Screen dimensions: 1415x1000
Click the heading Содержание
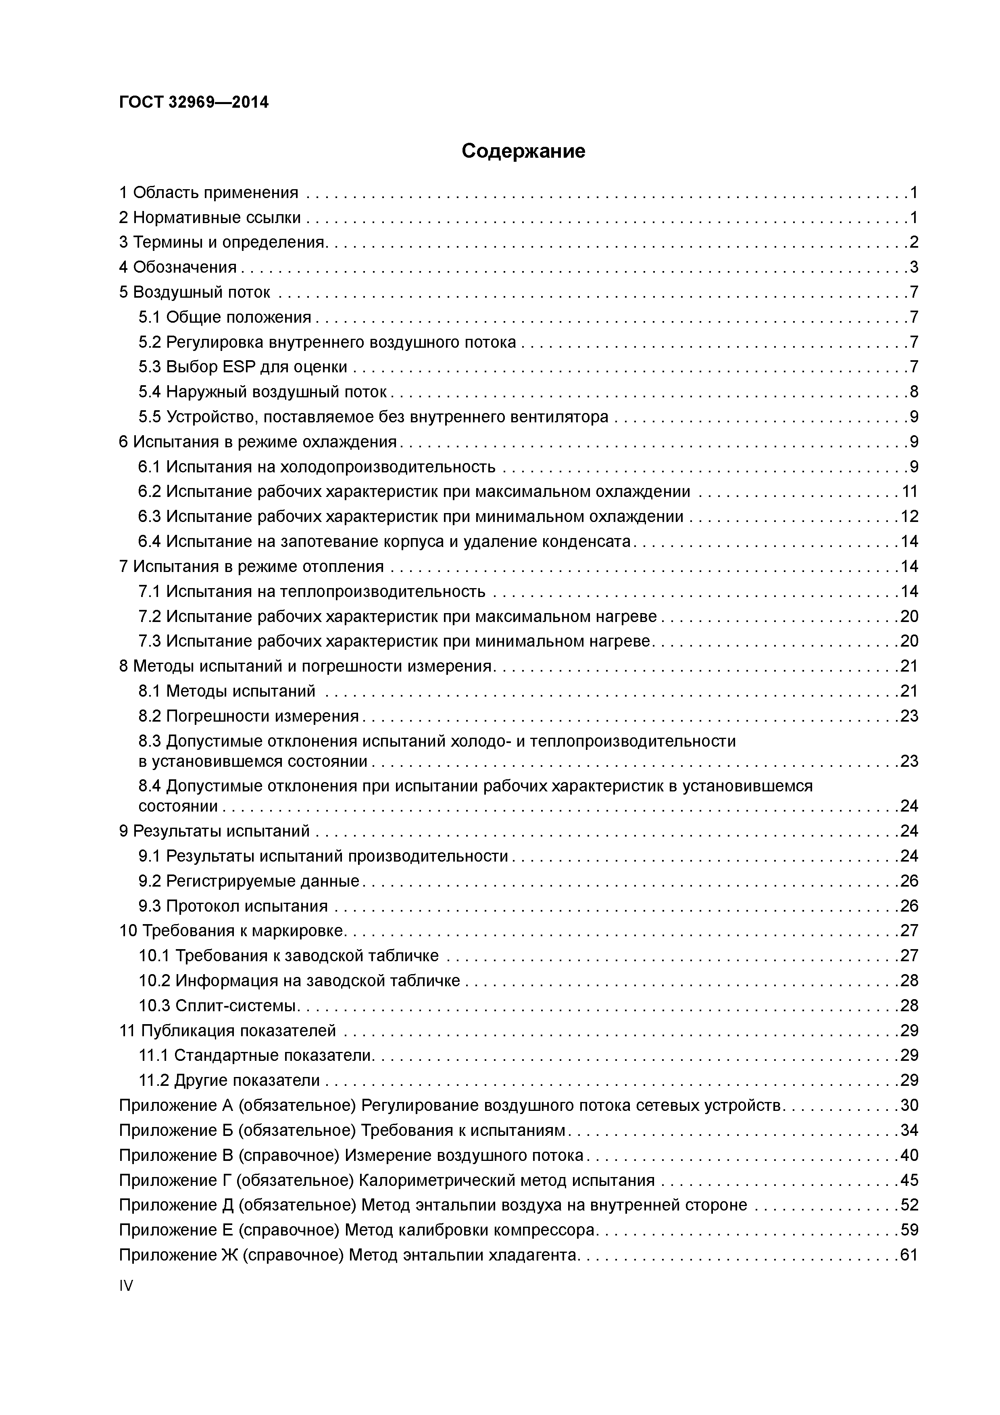coord(523,151)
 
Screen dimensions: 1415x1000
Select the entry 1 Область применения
coord(208,193)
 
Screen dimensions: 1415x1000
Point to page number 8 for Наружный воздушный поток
coord(913,392)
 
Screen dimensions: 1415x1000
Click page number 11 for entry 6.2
coord(909,492)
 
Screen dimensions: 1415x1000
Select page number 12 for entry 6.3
coord(909,516)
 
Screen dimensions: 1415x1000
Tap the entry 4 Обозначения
coord(178,267)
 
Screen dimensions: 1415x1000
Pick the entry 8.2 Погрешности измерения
coord(248,716)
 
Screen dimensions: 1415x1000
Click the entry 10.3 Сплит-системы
coord(219,1006)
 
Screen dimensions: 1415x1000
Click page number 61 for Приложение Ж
coord(909,1255)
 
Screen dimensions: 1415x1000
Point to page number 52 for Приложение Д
coord(909,1205)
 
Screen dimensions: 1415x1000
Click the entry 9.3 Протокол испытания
coord(233,906)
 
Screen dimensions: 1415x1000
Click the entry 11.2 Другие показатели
coord(229,1080)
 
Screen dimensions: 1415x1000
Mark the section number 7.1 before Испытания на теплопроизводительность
coord(149,592)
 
